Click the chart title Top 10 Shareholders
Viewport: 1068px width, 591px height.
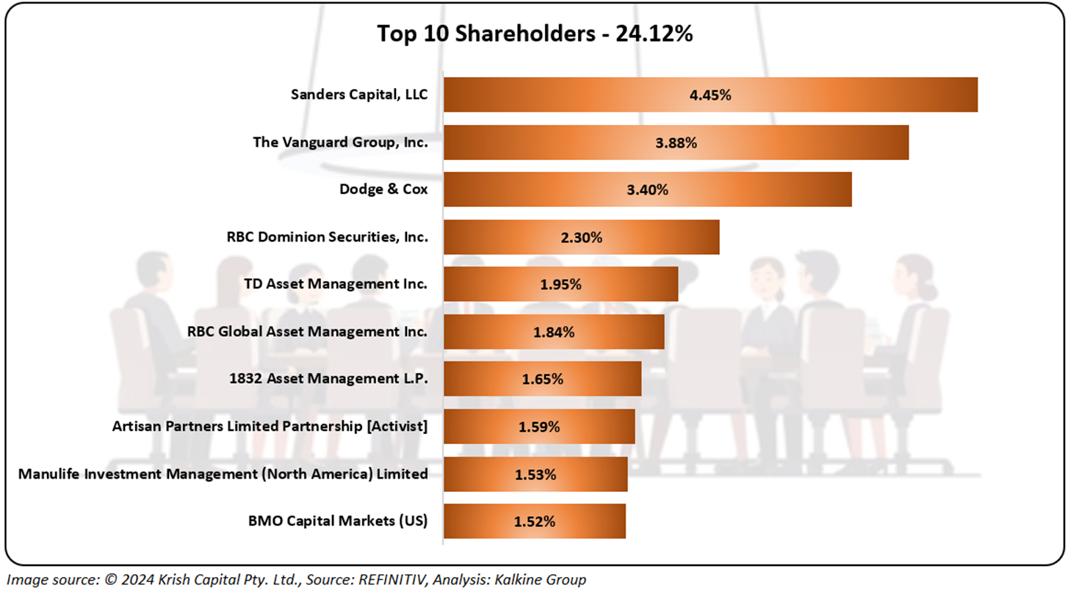(535, 34)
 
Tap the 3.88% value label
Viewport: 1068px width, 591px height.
(676, 142)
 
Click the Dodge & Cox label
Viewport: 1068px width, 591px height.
(383, 189)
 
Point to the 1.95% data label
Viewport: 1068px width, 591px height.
(560, 284)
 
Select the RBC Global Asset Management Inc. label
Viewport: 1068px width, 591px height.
(307, 331)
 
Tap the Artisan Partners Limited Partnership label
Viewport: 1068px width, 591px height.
(270, 426)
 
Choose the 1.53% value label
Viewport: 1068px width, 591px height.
(535, 474)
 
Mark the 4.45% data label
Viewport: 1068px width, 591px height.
(710, 95)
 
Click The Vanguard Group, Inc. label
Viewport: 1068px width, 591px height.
(340, 142)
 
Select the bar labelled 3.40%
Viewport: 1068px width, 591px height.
(771, 189)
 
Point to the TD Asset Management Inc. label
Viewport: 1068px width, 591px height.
(336, 284)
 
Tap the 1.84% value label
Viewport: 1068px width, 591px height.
(554, 332)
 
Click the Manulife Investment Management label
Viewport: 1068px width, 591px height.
(223, 474)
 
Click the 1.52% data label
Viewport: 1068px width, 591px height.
(534, 521)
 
